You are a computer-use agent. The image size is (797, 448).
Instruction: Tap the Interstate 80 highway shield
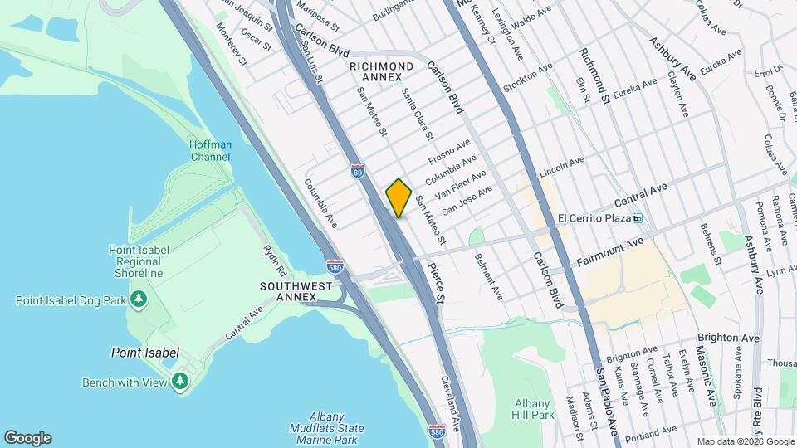click(357, 171)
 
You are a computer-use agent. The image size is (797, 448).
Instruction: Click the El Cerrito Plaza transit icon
click(638, 218)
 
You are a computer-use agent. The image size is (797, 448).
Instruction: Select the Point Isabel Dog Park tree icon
click(139, 299)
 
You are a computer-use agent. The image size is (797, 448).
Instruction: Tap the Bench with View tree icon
click(180, 381)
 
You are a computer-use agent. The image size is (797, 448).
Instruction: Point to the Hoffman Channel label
click(210, 150)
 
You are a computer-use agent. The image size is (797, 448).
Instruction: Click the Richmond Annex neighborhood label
click(381, 71)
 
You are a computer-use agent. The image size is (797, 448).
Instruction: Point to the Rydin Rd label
click(274, 260)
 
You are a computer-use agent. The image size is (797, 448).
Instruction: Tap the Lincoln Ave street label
click(562, 167)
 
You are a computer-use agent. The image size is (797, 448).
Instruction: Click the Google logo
click(27, 438)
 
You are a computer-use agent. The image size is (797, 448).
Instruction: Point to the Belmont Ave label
click(488, 276)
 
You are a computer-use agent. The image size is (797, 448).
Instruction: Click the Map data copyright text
click(745, 441)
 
